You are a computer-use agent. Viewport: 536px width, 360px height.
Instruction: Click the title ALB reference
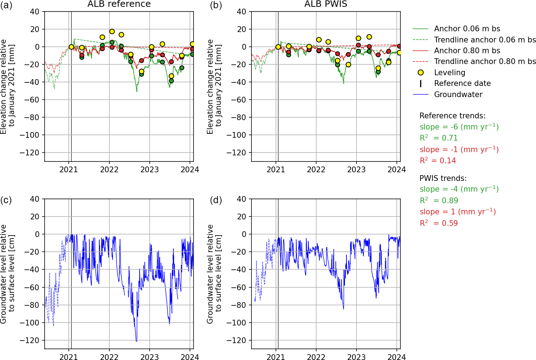coord(119,4)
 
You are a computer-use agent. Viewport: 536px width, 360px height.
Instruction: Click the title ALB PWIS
coord(326,4)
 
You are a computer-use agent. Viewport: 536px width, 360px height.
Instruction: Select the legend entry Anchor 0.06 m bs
coord(467,29)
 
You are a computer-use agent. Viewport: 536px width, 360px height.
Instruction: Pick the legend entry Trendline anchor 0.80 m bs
coord(485,61)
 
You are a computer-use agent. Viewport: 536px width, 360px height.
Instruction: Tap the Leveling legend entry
coord(449,73)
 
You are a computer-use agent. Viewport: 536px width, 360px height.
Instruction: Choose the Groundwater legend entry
coord(458,95)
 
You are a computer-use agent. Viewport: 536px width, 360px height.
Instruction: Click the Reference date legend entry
coord(462,83)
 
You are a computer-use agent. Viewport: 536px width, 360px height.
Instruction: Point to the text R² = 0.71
coord(439,138)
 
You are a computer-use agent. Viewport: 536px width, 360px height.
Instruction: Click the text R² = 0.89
coord(439,201)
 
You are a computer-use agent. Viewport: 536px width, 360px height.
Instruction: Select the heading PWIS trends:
coord(443,178)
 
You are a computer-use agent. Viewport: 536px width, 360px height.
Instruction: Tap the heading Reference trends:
coord(452,116)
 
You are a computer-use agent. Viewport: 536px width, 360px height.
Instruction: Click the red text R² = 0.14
coord(438,161)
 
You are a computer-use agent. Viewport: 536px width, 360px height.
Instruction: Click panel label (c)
coord(6,200)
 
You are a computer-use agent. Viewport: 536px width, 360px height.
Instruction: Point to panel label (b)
coord(216,5)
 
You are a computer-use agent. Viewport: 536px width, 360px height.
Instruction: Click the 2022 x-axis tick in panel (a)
coord(109,170)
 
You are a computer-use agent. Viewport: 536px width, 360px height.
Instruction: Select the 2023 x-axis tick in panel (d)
coord(356,357)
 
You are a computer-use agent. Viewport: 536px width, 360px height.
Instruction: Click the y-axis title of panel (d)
coord(214,274)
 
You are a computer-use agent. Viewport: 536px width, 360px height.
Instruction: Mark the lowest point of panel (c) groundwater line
coord(136,341)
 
